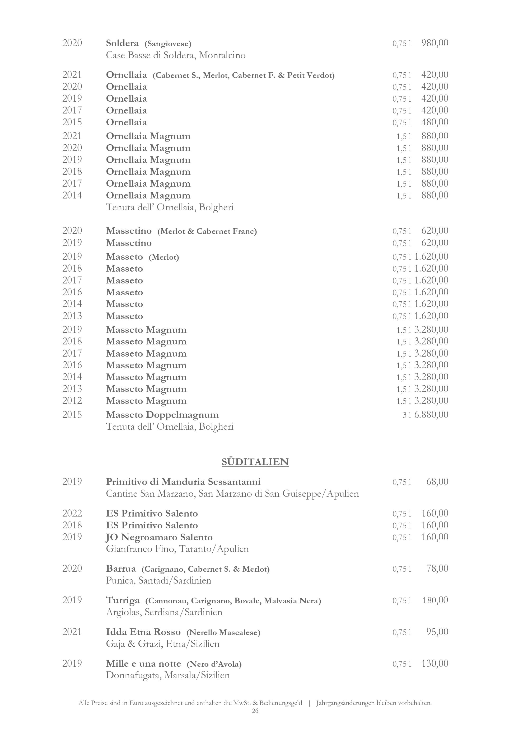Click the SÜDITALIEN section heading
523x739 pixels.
(x=255, y=462)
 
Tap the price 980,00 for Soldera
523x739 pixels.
(x=435, y=43)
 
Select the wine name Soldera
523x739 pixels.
(x=122, y=43)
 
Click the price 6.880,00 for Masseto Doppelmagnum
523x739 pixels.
(x=431, y=414)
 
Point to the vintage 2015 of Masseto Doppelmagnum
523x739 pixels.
(x=72, y=415)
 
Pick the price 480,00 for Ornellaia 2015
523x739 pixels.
(x=435, y=122)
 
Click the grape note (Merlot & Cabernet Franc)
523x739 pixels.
(x=207, y=231)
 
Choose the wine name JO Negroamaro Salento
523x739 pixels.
(x=160, y=537)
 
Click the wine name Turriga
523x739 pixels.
(x=123, y=600)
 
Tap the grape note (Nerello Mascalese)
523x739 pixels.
(x=223, y=632)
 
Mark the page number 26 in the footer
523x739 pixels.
(x=255, y=711)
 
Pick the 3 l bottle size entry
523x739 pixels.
(x=407, y=415)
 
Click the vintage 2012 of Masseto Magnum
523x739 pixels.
(x=72, y=401)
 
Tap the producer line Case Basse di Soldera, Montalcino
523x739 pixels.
(x=175, y=55)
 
